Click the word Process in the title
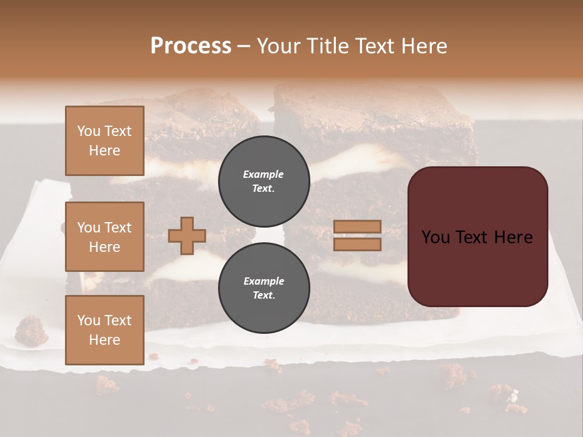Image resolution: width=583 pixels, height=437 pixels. (191, 46)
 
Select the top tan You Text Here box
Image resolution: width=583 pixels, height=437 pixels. (104, 141)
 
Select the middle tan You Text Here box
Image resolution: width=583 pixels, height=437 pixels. (104, 237)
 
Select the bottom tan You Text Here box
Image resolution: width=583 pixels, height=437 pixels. (104, 330)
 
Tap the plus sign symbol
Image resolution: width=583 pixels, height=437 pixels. (187, 235)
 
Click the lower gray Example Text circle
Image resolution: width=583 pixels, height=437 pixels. (264, 288)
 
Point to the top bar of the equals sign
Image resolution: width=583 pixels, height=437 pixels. (358, 227)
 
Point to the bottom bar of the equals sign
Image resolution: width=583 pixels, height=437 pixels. (358, 244)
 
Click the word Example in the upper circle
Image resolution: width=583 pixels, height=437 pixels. (264, 174)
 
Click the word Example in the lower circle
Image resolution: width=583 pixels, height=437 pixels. (264, 281)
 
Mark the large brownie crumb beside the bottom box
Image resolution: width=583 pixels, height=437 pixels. (32, 331)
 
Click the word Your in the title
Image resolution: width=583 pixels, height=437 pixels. (277, 46)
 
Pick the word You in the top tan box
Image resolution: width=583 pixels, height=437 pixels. (88, 131)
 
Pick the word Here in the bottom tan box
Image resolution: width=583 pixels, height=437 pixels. (104, 340)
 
